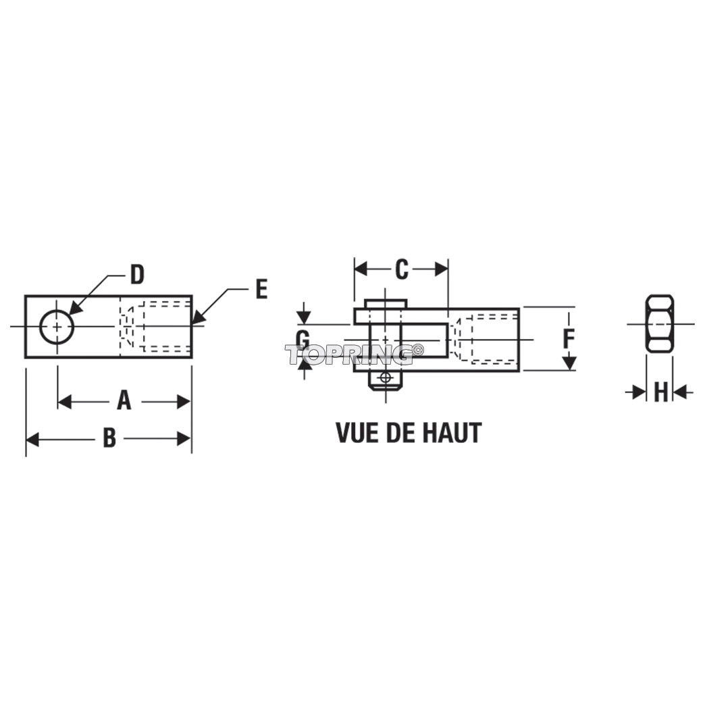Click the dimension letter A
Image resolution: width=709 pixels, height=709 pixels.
pos(124,400)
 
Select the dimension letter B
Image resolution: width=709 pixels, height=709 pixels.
pos(109,438)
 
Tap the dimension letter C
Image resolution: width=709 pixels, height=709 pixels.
pos(402,269)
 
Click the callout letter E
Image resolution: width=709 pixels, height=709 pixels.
pos(261,289)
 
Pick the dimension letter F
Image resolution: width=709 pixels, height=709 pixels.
pos(569,339)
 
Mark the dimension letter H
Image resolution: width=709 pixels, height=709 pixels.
pos(660,392)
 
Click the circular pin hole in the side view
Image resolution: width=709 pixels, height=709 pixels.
pos(57,326)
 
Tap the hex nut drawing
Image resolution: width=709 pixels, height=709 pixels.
pos(660,323)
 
